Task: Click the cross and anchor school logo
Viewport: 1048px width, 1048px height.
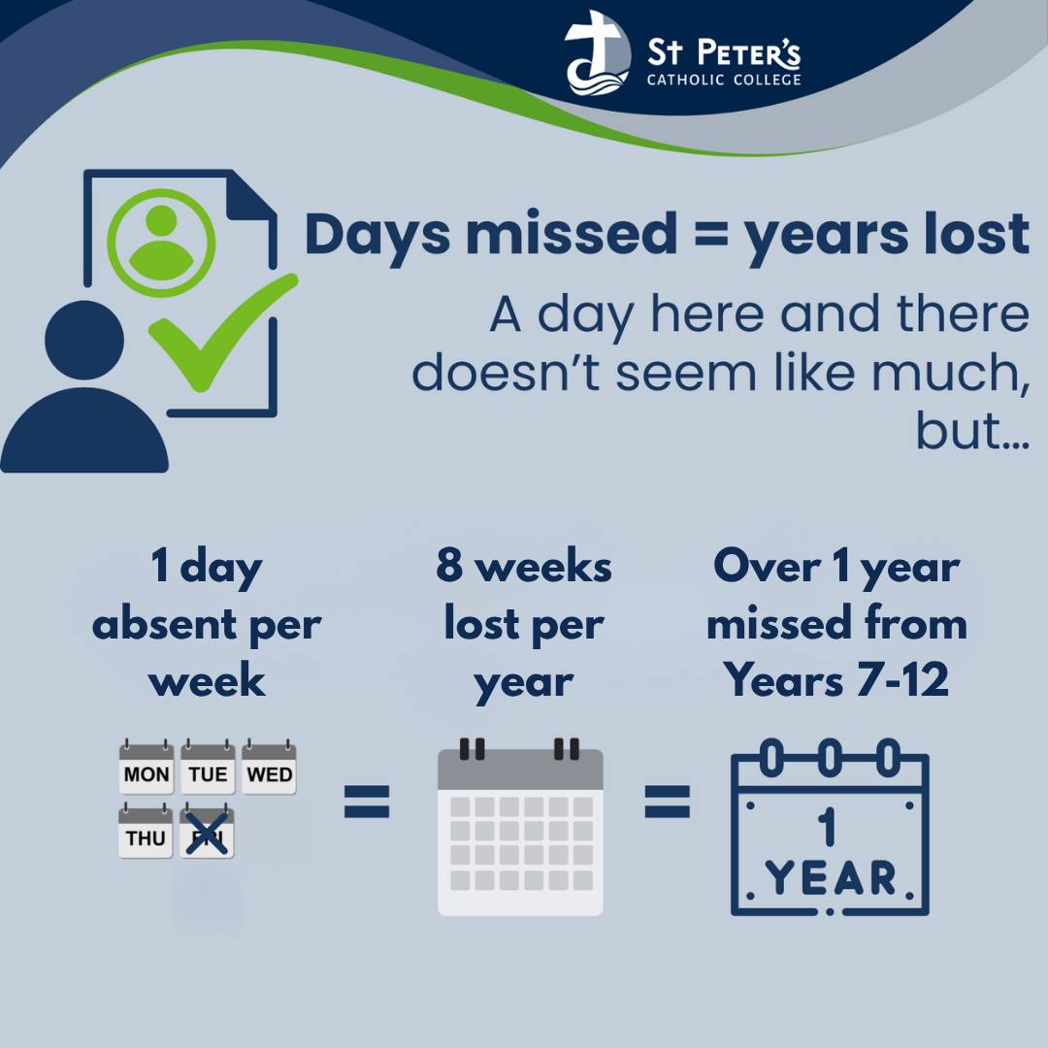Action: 597,53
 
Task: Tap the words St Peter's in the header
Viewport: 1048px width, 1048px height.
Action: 724,52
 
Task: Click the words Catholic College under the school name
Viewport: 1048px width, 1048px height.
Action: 724,81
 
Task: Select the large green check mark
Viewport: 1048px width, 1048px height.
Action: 222,332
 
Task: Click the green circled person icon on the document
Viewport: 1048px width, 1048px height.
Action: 161,243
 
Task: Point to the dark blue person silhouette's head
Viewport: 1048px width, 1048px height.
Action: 84,341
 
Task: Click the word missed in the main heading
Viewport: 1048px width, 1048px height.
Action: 573,234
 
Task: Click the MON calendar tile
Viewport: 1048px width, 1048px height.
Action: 147,767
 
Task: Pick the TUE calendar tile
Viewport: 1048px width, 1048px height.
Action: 208,767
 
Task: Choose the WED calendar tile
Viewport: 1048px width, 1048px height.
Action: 269,767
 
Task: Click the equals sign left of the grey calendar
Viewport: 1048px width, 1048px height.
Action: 366,802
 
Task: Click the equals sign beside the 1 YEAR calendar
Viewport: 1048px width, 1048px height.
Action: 667,802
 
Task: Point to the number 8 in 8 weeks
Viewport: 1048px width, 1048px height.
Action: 449,565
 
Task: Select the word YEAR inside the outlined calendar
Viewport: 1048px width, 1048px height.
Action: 830,877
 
